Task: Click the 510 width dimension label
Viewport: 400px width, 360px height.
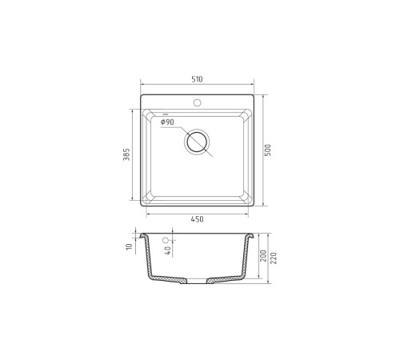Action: [x=197, y=79]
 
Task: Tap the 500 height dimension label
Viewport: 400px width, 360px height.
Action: [x=268, y=150]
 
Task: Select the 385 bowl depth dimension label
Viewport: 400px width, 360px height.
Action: [x=126, y=154]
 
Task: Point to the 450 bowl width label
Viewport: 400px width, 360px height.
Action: [x=198, y=219]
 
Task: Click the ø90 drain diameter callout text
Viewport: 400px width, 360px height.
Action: [x=167, y=122]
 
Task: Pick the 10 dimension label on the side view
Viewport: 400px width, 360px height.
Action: [x=129, y=246]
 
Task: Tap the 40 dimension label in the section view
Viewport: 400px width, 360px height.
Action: [x=168, y=250]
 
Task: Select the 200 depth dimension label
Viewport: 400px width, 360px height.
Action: [x=263, y=256]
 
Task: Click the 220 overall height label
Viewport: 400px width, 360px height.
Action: [x=274, y=258]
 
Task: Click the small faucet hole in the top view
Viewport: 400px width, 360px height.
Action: [x=198, y=102]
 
